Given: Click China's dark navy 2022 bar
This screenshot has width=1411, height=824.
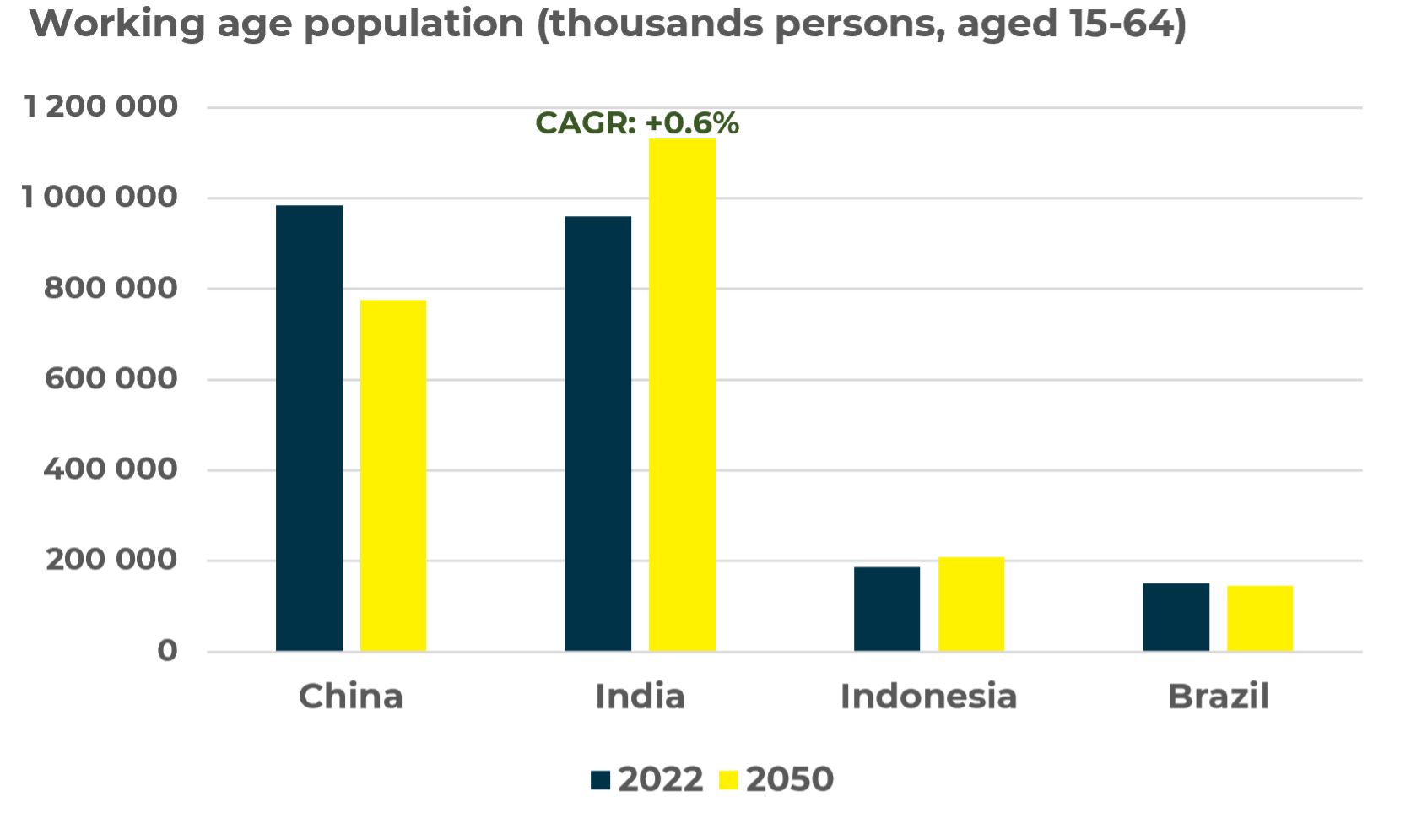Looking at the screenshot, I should [x=309, y=428].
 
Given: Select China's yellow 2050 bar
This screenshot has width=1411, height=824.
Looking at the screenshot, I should [x=393, y=475].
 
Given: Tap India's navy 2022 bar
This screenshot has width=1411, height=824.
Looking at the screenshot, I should [x=597, y=433].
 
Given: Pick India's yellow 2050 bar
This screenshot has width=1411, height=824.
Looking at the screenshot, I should [x=682, y=394].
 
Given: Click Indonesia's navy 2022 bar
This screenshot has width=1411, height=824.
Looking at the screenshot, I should [x=887, y=609].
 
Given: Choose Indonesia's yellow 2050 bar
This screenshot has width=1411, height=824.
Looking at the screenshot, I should [x=971, y=604].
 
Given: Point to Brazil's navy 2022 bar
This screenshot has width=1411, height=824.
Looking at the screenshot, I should [x=1176, y=616].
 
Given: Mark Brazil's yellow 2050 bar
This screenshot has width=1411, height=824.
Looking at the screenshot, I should [x=1260, y=618].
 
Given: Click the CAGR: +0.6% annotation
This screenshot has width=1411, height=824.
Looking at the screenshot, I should [x=637, y=123].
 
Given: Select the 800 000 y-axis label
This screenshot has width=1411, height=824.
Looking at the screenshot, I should [x=111, y=289].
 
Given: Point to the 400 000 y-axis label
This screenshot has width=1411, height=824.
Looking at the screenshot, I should [x=111, y=469].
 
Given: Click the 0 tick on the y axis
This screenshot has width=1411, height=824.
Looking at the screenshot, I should [x=167, y=651].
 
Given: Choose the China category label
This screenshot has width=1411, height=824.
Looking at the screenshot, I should [x=351, y=697].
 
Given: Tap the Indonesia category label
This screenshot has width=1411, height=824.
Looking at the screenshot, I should [x=928, y=697].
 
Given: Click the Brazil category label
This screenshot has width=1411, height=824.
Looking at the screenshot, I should [x=1218, y=697].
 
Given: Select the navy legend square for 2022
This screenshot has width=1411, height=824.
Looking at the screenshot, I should [x=600, y=779].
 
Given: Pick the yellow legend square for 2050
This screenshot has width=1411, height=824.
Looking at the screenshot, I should [x=728, y=779].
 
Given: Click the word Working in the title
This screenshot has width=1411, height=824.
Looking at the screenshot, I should [x=117, y=24].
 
